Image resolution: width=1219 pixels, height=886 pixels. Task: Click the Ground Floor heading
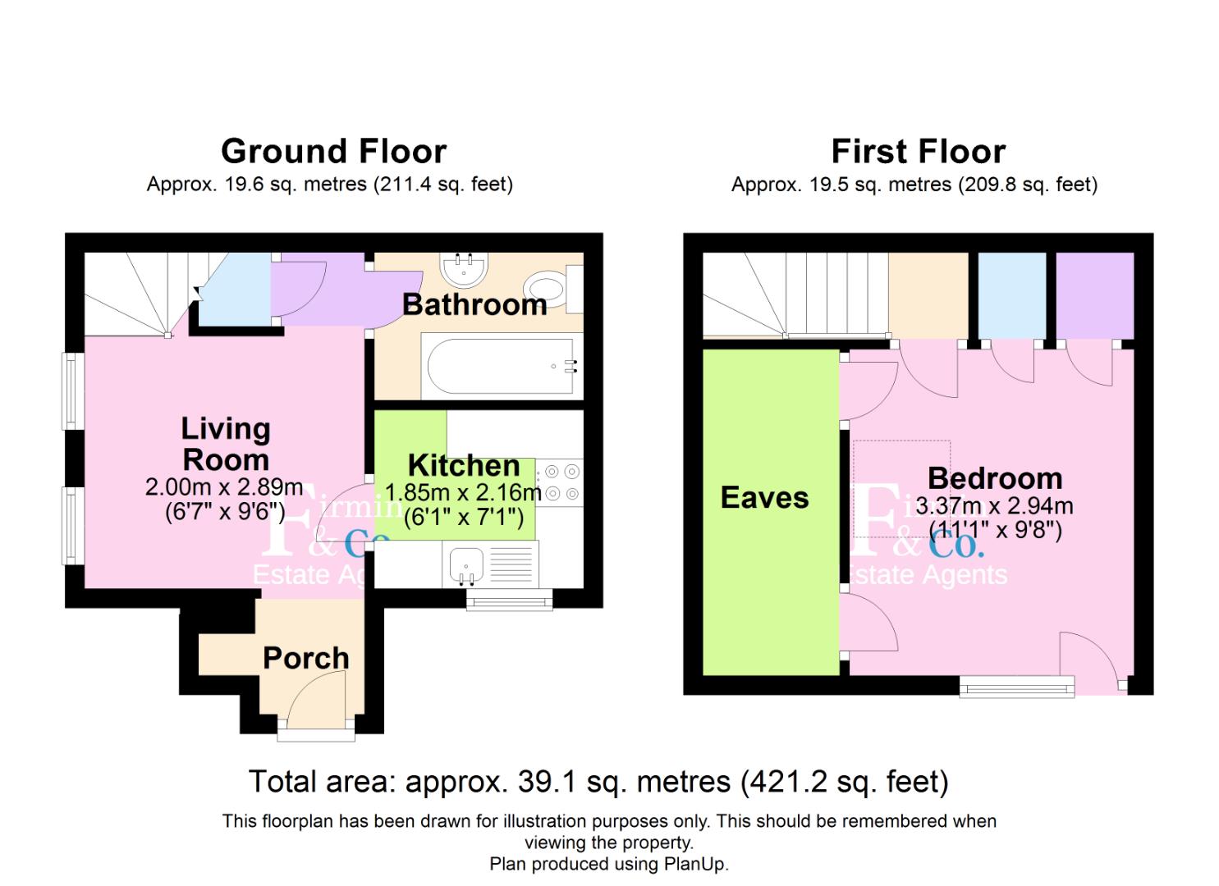point(333,152)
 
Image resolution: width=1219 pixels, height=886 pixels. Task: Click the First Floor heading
point(918,152)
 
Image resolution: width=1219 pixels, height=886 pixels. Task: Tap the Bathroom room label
point(474,305)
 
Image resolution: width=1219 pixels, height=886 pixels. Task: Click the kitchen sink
point(465,564)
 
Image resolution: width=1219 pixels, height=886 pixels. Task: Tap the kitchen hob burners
point(561,482)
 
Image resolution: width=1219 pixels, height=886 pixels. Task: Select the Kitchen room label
point(464,466)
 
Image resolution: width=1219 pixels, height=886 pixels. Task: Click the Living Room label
point(226,444)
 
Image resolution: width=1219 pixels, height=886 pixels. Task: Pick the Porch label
point(305,658)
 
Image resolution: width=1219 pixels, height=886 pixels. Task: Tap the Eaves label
point(764,498)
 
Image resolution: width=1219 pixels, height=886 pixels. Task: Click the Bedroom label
point(994,478)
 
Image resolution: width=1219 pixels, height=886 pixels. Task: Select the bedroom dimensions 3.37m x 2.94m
point(994,506)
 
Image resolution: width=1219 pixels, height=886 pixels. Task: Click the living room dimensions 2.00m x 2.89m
point(224,487)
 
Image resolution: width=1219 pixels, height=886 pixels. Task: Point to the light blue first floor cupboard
point(1012,295)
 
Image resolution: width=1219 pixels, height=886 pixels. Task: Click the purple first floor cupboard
point(1094,295)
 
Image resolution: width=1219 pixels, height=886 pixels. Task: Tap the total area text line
point(598,782)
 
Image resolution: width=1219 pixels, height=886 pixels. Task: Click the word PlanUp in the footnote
point(697,864)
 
